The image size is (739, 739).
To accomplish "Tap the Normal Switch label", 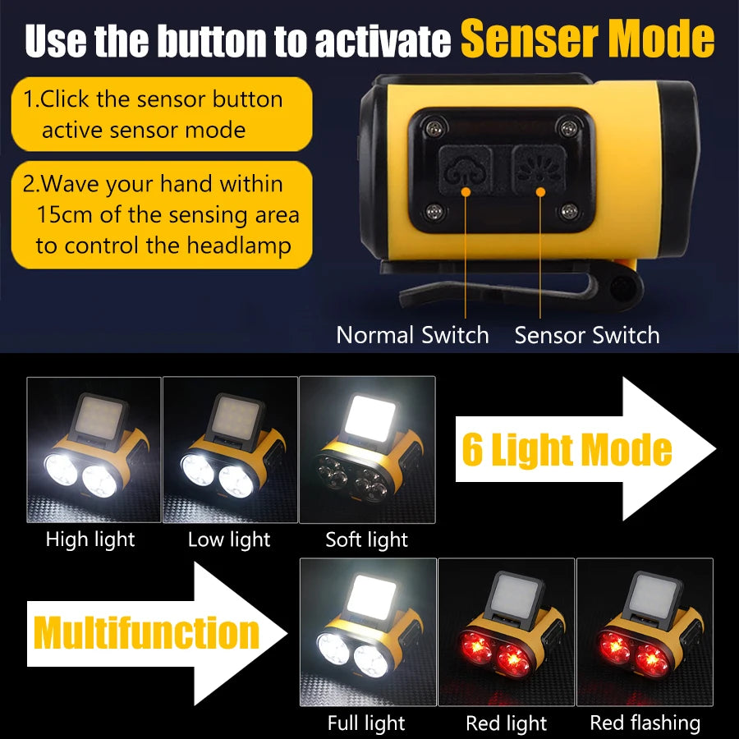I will [412, 335].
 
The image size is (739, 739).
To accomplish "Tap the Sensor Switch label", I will [587, 335].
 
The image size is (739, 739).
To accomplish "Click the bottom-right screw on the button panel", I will [567, 213].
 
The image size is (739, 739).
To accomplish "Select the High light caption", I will [90, 539].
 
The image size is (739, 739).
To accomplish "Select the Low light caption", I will [229, 539].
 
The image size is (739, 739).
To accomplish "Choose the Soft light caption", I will [366, 539].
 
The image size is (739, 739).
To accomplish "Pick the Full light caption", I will [366, 723].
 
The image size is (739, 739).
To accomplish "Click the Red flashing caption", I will [645, 723].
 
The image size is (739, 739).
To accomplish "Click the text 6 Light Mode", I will [567, 450].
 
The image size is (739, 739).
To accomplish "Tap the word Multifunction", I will [146, 633].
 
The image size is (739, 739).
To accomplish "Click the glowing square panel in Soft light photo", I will [368, 418].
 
